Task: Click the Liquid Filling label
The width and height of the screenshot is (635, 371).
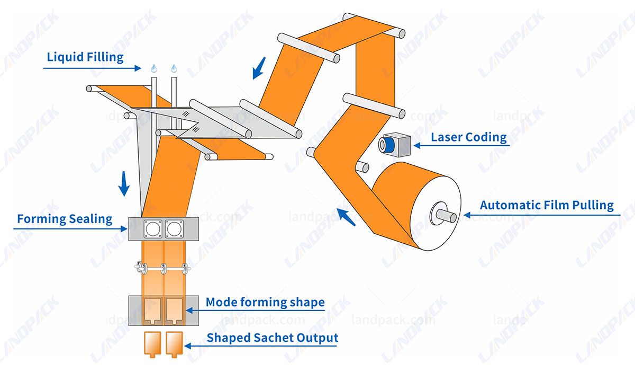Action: (85, 57)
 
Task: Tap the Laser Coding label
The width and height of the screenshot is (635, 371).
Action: (468, 137)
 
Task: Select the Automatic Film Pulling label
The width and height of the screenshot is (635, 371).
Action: (547, 205)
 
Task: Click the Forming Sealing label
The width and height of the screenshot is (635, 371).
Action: (65, 219)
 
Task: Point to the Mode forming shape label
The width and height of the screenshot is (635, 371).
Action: (265, 303)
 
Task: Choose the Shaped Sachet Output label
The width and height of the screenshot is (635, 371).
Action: (272, 338)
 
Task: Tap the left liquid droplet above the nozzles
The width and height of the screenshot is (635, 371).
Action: (154, 68)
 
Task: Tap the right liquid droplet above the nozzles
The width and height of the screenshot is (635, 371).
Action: (174, 68)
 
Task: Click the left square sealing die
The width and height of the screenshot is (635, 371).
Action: (154, 228)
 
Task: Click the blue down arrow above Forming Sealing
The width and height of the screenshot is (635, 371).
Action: (124, 183)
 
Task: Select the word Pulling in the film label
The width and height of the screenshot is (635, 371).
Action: (591, 205)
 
